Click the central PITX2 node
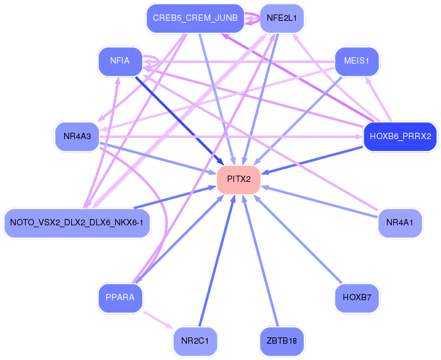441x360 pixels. [238, 179]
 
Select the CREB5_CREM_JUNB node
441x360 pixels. [195, 18]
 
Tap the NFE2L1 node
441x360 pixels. [282, 18]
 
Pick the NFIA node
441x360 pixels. [120, 61]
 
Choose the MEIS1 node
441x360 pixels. [357, 61]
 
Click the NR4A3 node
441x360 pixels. [77, 137]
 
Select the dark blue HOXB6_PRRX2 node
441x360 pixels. [400, 137]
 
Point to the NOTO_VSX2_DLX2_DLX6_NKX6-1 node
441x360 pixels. [77, 223]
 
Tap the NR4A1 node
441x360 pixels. [399, 223]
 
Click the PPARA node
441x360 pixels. [120, 298]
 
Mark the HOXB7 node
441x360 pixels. [357, 298]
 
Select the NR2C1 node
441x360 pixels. [195, 341]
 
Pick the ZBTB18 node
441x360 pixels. [282, 341]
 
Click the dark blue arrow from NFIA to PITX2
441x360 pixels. [180, 121]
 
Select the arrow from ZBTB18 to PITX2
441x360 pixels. [260, 261]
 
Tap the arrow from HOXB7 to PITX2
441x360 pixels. [298, 239]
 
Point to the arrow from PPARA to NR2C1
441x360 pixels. [158, 320]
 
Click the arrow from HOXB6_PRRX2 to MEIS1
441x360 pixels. [379, 99]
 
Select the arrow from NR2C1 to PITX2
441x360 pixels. [217, 261]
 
